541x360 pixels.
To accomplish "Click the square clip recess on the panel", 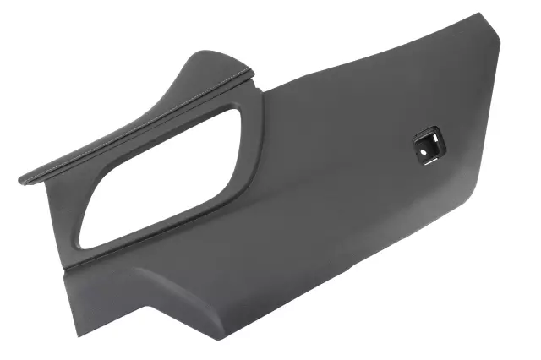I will click(x=427, y=145).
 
